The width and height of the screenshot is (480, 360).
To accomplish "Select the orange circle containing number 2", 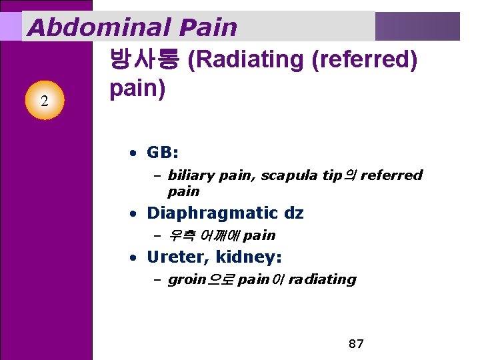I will click(x=44, y=101).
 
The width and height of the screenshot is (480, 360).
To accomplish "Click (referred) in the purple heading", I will click(x=365, y=60).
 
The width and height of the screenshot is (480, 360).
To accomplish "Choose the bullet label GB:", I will click(x=162, y=153).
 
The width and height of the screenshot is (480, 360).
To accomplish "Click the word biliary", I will click(x=189, y=175).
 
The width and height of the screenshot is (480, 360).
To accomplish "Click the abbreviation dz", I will click(x=293, y=213).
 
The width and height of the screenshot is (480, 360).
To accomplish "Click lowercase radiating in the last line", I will click(x=322, y=279).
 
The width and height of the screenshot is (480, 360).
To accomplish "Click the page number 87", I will click(x=356, y=344).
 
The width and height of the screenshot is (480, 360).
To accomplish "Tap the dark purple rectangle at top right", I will click(x=417, y=27).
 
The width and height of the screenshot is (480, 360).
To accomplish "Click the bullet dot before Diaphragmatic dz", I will click(x=134, y=214).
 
